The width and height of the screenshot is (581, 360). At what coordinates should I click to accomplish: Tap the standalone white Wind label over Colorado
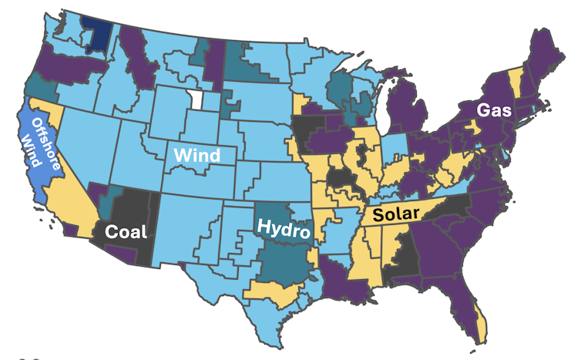(x=196, y=154)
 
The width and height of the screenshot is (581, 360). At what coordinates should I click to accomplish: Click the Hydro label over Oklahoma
(x=284, y=228)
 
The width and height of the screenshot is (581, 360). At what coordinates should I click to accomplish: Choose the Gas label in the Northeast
(x=494, y=110)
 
